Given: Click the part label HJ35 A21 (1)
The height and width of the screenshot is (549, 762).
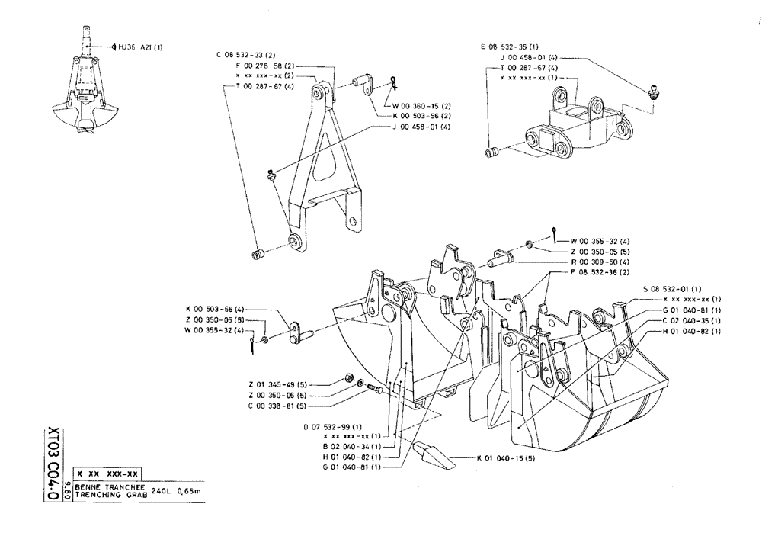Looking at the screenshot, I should tap(140, 47).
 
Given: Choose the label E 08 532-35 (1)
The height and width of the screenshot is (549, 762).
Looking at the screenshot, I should tap(509, 47).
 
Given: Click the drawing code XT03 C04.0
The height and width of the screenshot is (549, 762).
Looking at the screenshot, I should tap(53, 462).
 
